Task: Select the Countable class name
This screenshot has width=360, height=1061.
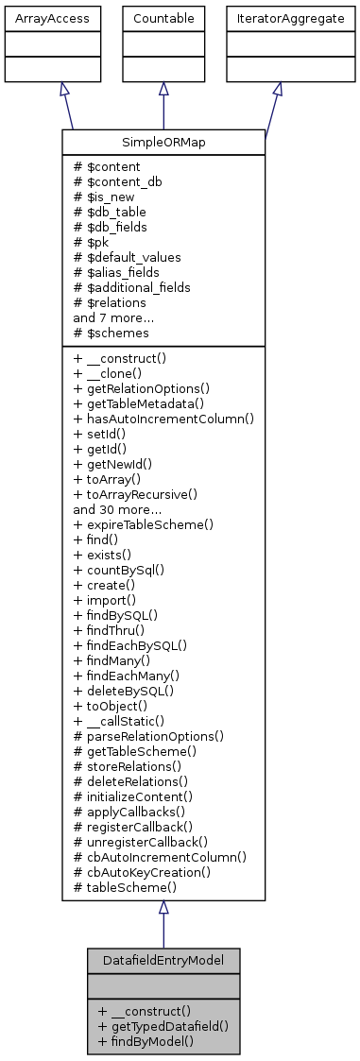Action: (x=163, y=18)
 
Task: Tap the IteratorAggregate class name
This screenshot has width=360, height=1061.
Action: (x=277, y=18)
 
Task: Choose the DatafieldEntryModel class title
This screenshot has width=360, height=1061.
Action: (x=163, y=960)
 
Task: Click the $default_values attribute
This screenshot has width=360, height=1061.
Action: (x=127, y=257)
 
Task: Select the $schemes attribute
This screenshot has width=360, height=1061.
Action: (x=109, y=333)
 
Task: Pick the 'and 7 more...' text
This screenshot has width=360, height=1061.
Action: (x=115, y=317)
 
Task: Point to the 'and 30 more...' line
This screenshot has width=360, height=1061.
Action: (x=118, y=508)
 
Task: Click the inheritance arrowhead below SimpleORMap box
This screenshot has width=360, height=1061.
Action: (x=163, y=908)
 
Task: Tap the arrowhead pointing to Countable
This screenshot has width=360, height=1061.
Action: (x=163, y=89)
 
